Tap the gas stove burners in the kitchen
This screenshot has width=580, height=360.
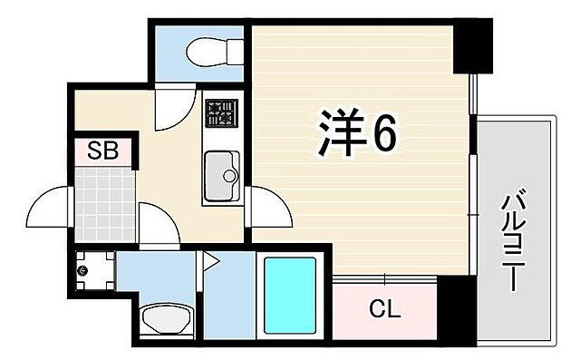pos(219,112)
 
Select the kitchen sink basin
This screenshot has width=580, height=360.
pos(220,175)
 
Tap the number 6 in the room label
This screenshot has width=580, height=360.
pos(382,136)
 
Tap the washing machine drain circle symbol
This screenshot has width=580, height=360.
pos(84,269)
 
